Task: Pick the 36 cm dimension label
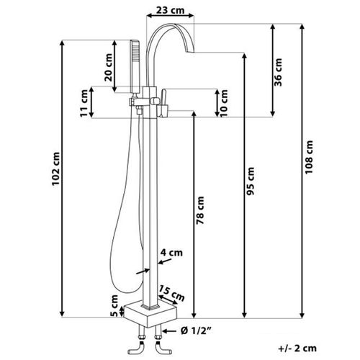pos(279,71)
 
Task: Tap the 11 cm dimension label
pos(85,102)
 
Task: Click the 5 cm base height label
pos(114,305)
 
